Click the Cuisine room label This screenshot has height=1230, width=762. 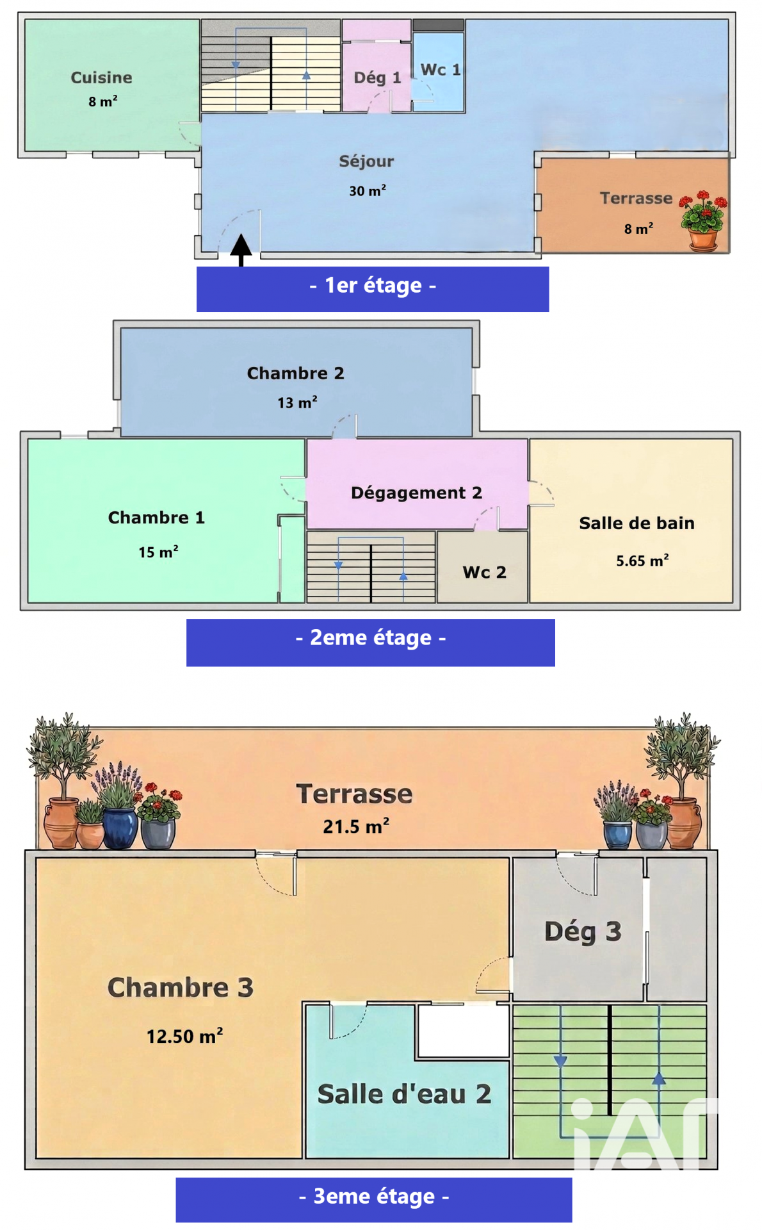tap(101, 78)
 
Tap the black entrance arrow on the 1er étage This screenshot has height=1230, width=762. tap(241, 250)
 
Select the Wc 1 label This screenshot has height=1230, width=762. tap(441, 69)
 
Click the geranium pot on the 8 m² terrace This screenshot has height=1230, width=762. tap(703, 221)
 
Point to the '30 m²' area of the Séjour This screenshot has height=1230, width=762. tap(368, 190)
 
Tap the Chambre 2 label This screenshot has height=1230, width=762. tap(296, 373)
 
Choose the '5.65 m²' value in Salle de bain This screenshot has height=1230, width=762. tap(642, 561)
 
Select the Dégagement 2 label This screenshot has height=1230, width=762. tap(416, 493)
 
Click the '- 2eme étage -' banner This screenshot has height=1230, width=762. tap(371, 642)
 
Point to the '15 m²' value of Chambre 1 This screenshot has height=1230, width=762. tap(158, 552)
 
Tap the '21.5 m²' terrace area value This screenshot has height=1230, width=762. tap(356, 826)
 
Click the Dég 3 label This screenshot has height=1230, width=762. tap(583, 932)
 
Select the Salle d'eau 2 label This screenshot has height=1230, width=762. tap(405, 1094)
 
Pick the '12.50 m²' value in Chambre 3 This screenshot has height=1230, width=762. tap(184, 1036)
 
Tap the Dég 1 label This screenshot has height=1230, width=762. tap(377, 78)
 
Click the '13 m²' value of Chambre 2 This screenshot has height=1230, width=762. tap(297, 402)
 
